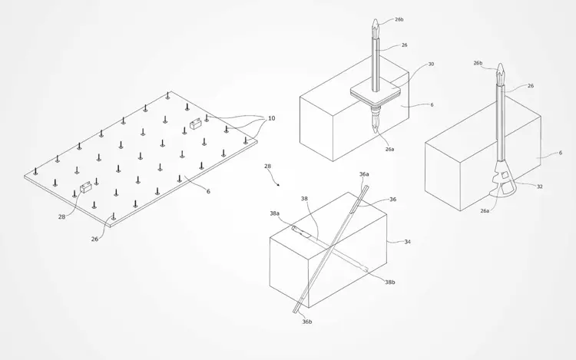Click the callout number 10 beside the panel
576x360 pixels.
[x=271, y=118]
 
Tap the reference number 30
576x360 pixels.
[x=431, y=64]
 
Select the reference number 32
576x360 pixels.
[x=540, y=187]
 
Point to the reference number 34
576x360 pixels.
[x=407, y=242]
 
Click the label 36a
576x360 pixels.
[x=364, y=174]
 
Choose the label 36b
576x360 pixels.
[x=307, y=322]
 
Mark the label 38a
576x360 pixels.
[x=275, y=213]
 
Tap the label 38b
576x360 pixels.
[x=390, y=282]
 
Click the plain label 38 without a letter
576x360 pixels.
[x=304, y=199]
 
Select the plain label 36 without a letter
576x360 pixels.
[x=393, y=200]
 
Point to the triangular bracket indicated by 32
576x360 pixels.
[x=503, y=179]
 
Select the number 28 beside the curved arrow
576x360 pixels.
[x=267, y=167]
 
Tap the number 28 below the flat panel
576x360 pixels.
[x=61, y=216]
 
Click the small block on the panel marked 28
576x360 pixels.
[x=85, y=187]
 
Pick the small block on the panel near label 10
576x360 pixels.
[x=195, y=124]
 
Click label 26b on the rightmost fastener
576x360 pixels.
[x=478, y=63]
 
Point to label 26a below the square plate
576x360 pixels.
[x=389, y=149]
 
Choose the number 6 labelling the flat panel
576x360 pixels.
[x=208, y=191]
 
